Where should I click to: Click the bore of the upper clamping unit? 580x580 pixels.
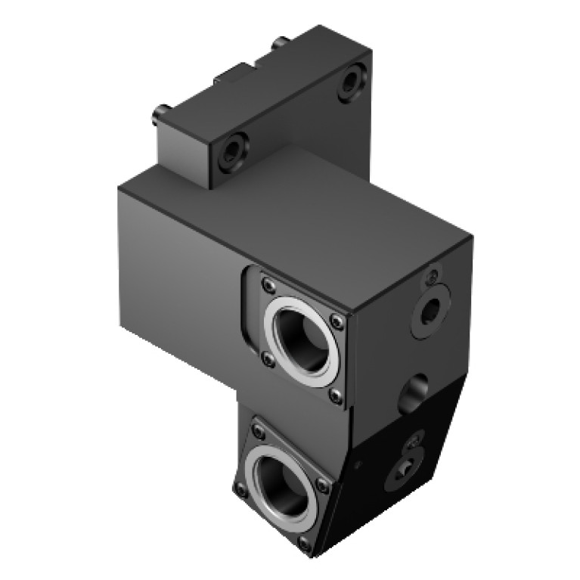pos(300,339)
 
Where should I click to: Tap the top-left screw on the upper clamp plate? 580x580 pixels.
pos(266,285)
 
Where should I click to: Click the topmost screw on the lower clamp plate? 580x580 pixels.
pos(259,432)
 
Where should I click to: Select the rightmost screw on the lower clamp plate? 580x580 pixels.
pos(326,480)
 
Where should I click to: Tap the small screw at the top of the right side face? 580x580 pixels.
pos(433,277)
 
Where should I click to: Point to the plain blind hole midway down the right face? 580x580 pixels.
pos(413,392)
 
